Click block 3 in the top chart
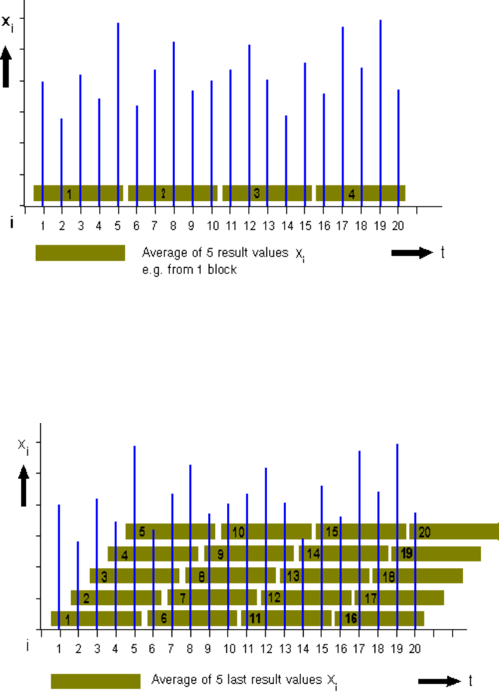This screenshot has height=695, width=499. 267,193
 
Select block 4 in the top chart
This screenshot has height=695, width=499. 361,193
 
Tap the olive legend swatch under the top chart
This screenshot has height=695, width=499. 80,253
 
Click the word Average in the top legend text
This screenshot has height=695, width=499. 160,252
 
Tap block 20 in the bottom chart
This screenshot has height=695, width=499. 454,532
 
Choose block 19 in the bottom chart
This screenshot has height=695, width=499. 436,554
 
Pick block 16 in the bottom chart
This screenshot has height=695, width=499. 380,618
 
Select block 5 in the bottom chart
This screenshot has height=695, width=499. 170,532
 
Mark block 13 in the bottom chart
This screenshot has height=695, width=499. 325,576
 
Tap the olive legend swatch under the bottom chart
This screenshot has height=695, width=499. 96,681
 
